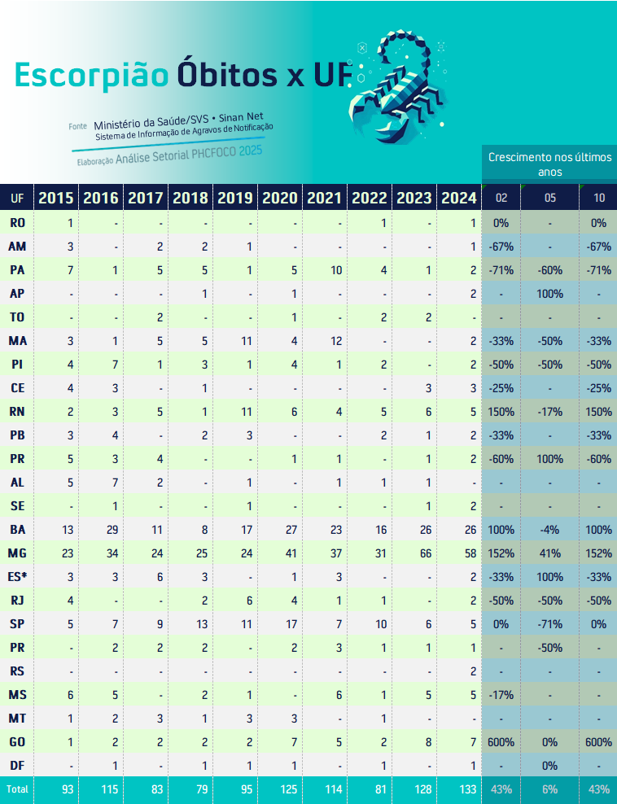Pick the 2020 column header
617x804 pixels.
281,197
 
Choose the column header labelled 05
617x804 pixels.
550,197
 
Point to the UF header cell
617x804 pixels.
17,197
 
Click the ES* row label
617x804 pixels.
17,576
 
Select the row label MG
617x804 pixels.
17,553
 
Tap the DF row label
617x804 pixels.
17,765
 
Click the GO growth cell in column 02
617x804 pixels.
501,741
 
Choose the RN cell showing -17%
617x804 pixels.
550,411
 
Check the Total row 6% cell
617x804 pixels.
550,789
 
